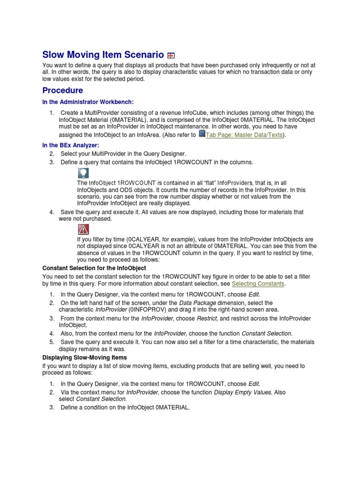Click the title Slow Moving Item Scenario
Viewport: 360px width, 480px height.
(103, 54)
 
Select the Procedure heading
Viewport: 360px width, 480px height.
(63, 90)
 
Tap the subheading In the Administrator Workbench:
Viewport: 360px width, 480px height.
(90, 102)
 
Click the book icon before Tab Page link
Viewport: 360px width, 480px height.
(202, 134)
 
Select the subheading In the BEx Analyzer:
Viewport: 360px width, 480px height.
(71, 146)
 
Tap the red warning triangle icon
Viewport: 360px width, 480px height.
(83, 230)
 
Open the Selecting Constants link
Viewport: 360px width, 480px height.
(258, 284)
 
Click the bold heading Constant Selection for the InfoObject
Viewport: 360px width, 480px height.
(94, 268)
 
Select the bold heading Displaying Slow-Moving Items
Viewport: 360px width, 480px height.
(84, 357)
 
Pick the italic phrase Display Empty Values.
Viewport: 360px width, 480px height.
(243, 392)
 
